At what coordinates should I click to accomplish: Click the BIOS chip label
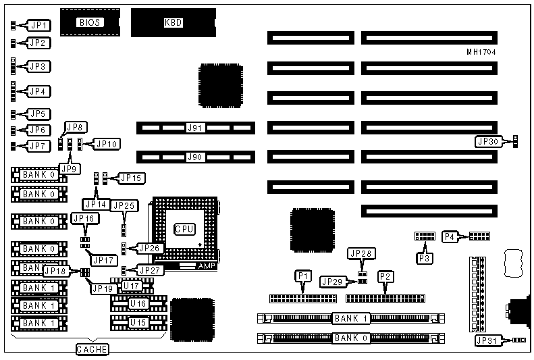(x=90, y=22)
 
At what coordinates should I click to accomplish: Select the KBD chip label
(x=173, y=22)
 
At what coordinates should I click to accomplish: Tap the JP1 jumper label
(x=38, y=26)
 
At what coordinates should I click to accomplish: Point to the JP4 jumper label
(x=38, y=90)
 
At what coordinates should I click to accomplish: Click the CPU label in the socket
(x=185, y=230)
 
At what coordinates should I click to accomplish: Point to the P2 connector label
(x=385, y=275)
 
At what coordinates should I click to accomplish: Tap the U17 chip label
(x=131, y=286)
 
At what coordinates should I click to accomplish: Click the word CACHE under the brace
(x=90, y=349)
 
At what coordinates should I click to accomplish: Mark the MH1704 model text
(x=481, y=51)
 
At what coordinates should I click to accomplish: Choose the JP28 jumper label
(x=361, y=253)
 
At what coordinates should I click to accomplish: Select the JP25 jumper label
(x=124, y=205)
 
